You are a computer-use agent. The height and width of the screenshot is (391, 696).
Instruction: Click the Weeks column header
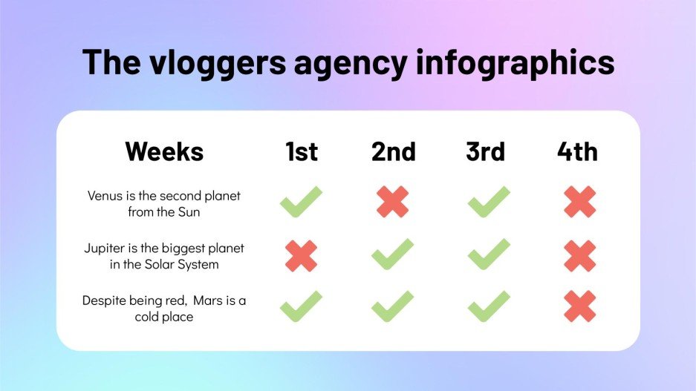coord(164,151)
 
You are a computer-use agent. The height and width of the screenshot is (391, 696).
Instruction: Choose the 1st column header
coord(302,151)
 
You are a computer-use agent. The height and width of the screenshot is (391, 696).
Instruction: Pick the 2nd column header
coord(394,151)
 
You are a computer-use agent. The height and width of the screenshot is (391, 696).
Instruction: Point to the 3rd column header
coord(486,151)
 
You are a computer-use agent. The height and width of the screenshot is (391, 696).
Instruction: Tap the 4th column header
coord(578,151)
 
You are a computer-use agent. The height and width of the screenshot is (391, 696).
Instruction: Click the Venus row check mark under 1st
coord(301,202)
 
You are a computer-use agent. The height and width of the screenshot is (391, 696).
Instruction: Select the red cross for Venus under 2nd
coord(393,202)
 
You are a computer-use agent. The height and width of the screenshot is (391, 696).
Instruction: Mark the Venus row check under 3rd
coord(489,202)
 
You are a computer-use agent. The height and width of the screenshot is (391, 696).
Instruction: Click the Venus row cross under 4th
coord(580,202)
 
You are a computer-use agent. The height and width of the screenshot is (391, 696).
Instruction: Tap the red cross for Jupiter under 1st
coord(301,255)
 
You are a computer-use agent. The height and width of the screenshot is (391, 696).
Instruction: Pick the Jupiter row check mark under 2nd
coord(393,254)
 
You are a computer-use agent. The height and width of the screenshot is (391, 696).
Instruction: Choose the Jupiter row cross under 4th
coord(580,255)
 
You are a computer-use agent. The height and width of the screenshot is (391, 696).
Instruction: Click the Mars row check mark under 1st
coord(301,306)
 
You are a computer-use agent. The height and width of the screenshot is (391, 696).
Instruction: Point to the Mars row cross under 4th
coord(580,306)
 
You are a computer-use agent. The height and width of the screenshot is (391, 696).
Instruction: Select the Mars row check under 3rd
coord(489,306)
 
